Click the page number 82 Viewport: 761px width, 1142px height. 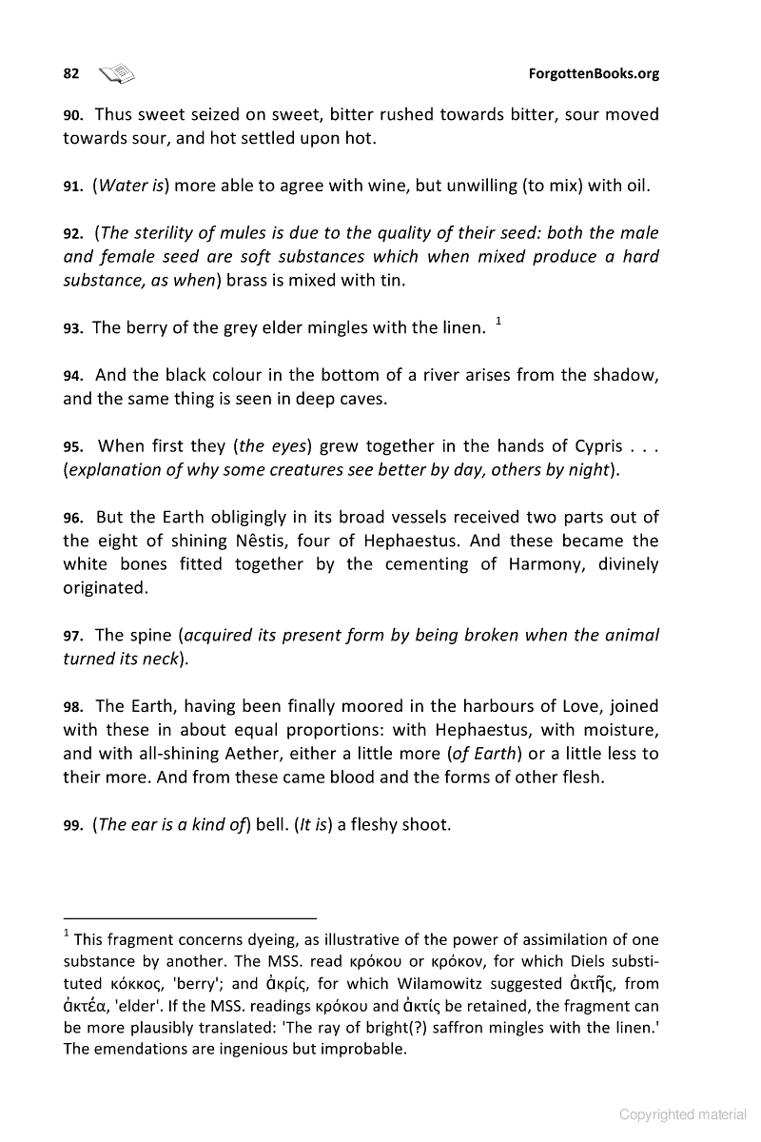[70, 73]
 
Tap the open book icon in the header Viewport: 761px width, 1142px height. [118, 72]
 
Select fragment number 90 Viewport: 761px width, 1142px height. [73, 115]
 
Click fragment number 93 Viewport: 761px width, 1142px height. [73, 328]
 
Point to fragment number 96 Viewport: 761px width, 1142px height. [73, 519]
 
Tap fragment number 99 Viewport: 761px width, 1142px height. [73, 825]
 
